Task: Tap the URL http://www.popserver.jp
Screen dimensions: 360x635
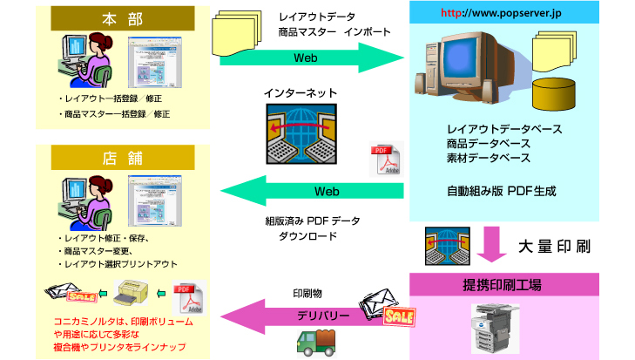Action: [x=489, y=13]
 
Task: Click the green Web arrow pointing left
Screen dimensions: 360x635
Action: [x=314, y=191]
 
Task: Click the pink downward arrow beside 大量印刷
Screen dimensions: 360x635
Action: [x=494, y=245]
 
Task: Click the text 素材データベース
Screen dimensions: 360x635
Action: [x=488, y=158]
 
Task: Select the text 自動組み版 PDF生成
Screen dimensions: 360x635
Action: [x=501, y=189]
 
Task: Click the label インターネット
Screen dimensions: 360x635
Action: [x=300, y=92]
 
